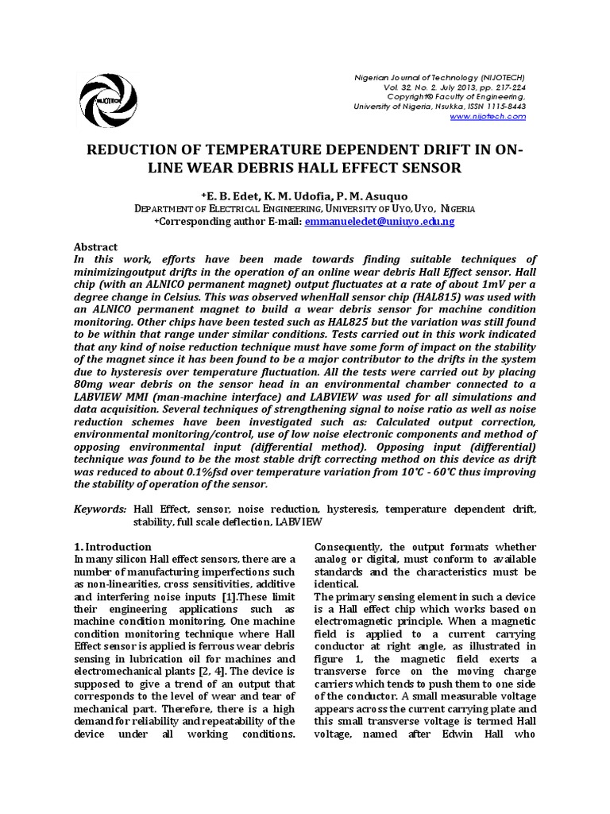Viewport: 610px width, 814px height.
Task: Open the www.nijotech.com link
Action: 488,116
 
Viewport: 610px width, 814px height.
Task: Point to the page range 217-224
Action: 505,86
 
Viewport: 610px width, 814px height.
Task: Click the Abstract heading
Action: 95,247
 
